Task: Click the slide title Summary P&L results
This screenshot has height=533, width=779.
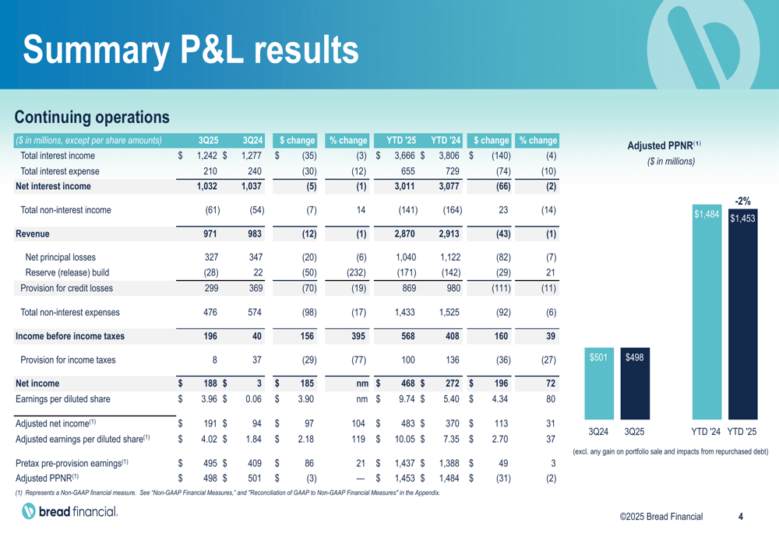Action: click(x=191, y=49)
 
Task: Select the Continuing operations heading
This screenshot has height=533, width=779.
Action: click(x=92, y=117)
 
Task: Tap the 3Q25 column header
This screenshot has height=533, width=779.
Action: click(x=208, y=141)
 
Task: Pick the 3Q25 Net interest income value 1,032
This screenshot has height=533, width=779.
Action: click(x=208, y=187)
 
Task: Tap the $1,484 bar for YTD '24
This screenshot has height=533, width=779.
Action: click(x=707, y=311)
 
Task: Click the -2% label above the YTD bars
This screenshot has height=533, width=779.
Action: click(x=742, y=202)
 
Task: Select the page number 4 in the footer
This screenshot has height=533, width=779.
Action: click(x=740, y=517)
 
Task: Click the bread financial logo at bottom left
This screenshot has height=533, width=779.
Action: click(x=70, y=511)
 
